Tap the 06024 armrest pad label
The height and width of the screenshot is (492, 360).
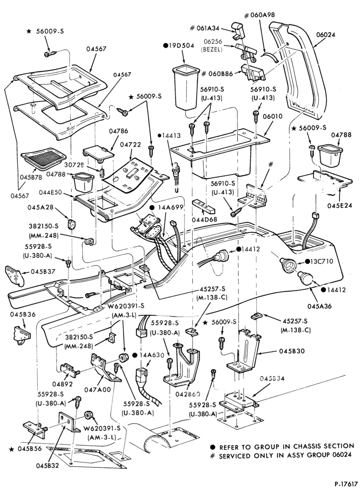click(x=326, y=35)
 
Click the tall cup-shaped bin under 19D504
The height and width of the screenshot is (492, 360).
click(x=185, y=87)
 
